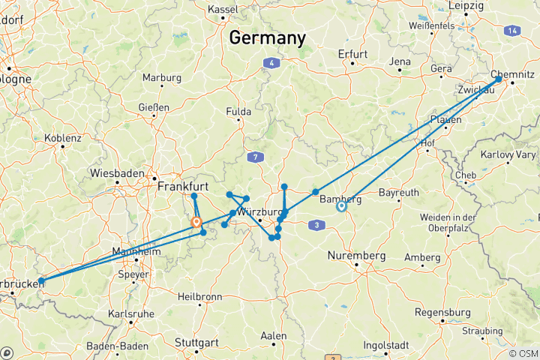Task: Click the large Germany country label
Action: point(268,37)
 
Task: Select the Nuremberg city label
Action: point(356,256)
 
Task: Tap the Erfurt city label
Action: point(352,54)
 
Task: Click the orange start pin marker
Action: point(196,222)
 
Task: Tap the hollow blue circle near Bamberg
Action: point(341,206)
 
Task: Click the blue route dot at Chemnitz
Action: point(499,78)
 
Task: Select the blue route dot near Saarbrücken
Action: point(40,282)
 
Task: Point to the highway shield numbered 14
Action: point(511,31)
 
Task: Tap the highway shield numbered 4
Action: point(268,63)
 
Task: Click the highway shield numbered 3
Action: point(319,224)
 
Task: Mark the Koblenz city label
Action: point(63,138)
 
